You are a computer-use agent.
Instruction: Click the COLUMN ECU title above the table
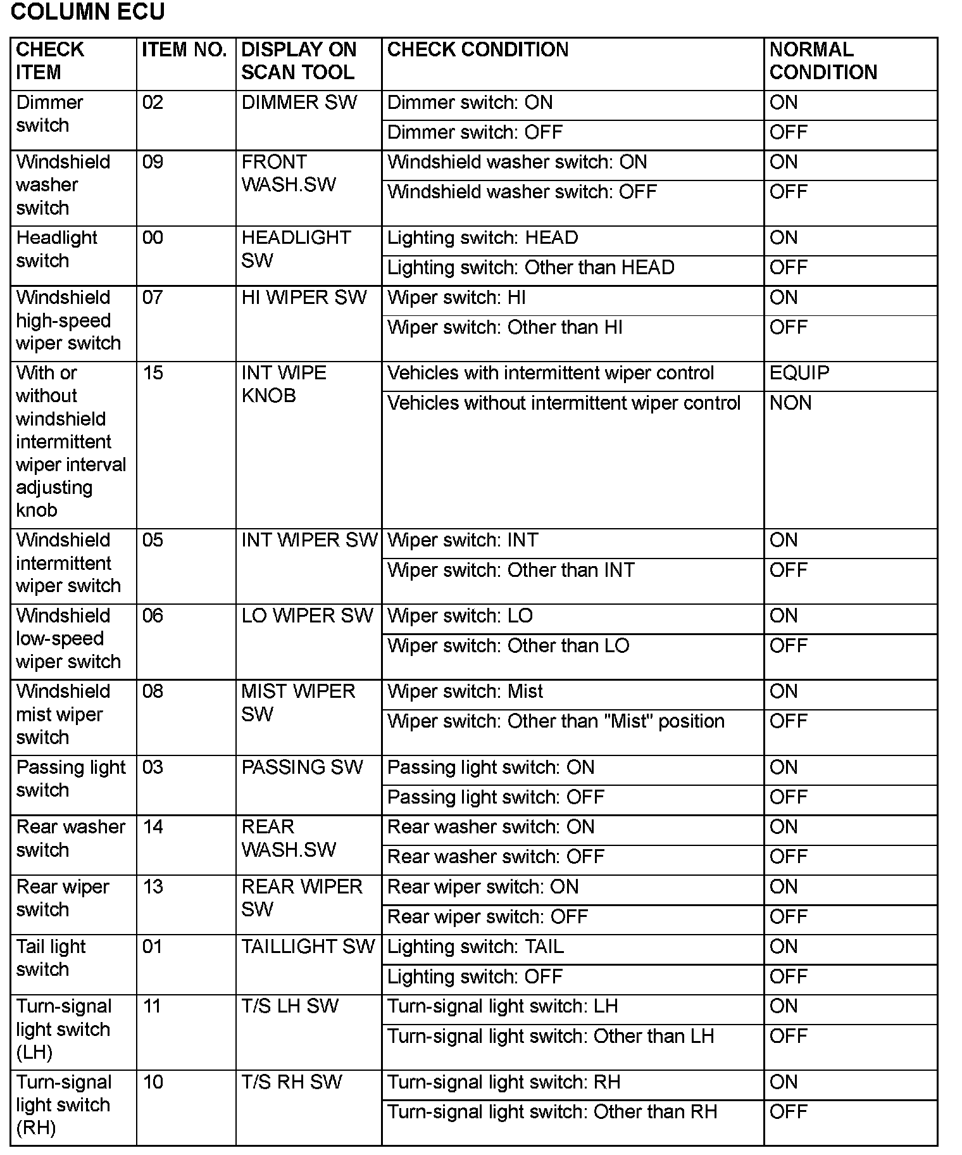tap(88, 12)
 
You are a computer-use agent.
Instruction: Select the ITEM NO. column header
tap(184, 50)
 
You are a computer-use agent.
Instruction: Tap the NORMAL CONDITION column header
tap(823, 61)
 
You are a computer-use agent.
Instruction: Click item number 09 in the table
tap(153, 162)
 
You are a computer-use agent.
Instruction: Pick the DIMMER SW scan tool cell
tap(299, 103)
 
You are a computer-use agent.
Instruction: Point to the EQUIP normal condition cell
tap(799, 373)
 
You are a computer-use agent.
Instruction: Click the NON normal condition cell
tap(790, 403)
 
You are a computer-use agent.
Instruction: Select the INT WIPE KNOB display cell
tap(284, 384)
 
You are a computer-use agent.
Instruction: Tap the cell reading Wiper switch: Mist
tap(465, 691)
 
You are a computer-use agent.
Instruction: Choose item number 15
tap(153, 373)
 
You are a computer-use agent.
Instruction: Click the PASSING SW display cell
tap(302, 767)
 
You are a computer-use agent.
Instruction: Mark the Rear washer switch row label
tap(70, 838)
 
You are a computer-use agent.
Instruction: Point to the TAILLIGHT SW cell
tap(308, 947)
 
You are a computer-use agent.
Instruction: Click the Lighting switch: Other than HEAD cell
tap(530, 268)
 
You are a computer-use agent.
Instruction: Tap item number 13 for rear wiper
tap(153, 887)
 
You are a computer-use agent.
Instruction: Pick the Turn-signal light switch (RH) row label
tap(63, 1105)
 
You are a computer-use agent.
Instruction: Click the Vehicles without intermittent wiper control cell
tap(563, 403)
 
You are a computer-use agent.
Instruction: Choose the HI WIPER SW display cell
tap(304, 298)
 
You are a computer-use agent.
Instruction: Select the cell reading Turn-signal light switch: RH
tap(503, 1082)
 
